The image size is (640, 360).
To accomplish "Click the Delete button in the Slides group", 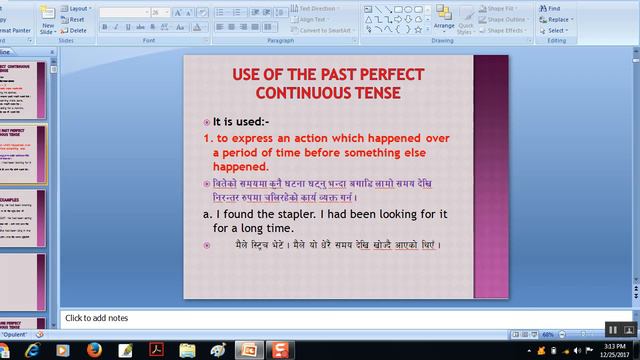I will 78,30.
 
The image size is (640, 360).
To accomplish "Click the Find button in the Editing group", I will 553,8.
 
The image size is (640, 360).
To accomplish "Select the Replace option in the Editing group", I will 557,19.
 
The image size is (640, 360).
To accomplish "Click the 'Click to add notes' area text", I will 96,318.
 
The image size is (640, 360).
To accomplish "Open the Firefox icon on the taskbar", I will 94,350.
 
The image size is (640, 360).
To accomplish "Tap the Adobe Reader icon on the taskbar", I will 156,350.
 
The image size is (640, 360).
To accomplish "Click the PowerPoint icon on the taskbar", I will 247,350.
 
